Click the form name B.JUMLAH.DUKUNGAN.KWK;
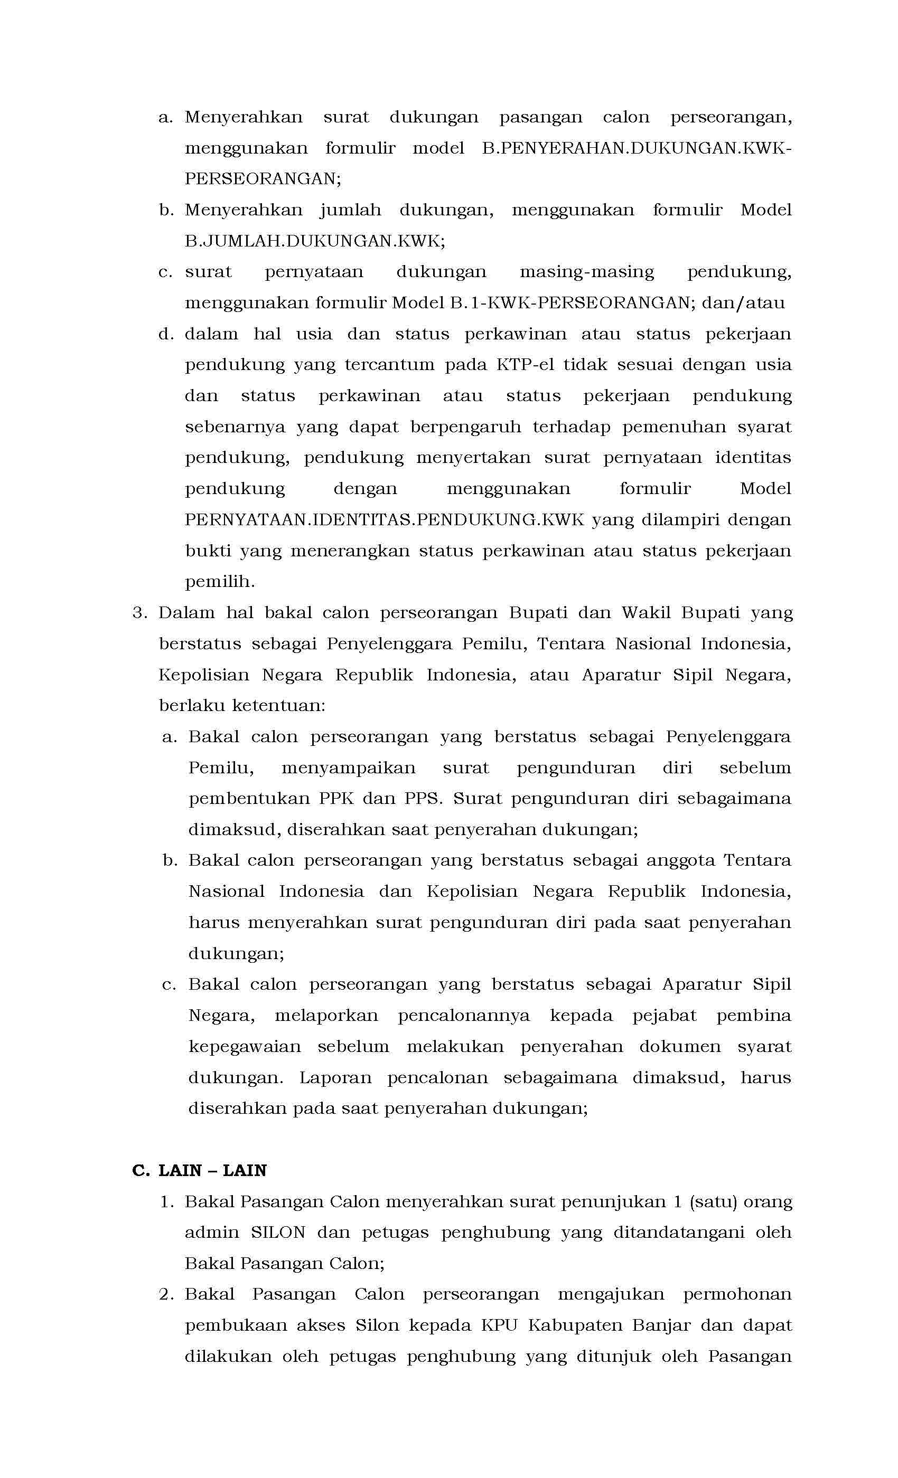coord(314,241)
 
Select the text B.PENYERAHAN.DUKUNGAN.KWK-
coord(637,148)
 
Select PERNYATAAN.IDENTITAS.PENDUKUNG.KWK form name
coord(384,519)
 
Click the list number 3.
coord(139,613)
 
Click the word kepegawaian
coord(244,1047)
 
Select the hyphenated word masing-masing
coord(586,272)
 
